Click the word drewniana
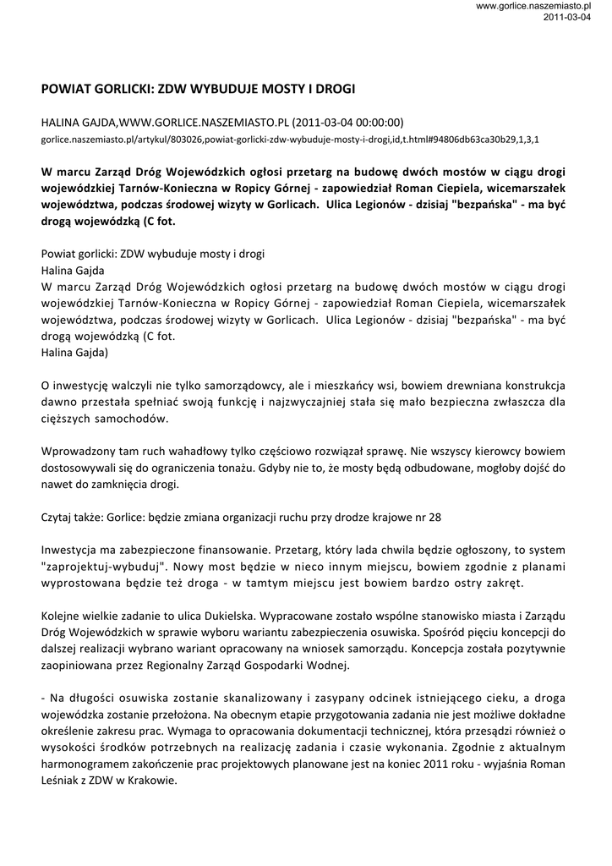[x=454, y=386]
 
